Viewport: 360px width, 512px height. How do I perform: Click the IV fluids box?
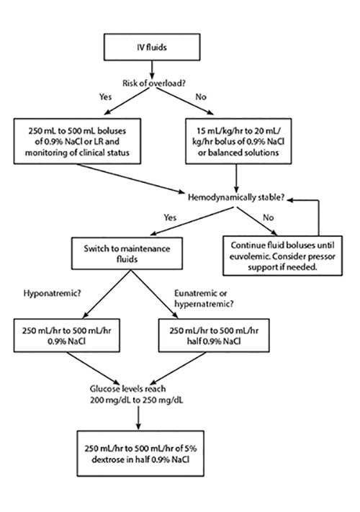(152, 47)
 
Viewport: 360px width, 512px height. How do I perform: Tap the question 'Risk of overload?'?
(154, 84)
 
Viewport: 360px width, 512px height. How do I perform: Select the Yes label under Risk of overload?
(105, 96)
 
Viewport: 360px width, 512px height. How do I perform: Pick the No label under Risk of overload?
(201, 96)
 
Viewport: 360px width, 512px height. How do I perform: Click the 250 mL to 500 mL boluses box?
(77, 141)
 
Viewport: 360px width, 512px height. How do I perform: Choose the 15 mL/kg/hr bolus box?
(238, 141)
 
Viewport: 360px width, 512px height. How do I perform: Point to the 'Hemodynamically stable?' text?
(236, 197)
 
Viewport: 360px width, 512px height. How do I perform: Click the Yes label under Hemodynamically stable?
(170, 217)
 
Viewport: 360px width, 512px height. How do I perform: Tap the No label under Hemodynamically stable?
(268, 217)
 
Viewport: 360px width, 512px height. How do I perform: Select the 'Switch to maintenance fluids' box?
(127, 253)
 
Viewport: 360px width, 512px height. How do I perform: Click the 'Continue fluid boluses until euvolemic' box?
(282, 256)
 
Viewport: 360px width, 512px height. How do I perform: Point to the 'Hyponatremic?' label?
(52, 293)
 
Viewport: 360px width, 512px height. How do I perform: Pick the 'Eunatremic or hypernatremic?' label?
(204, 298)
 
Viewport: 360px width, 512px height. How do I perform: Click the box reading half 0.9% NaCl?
(214, 336)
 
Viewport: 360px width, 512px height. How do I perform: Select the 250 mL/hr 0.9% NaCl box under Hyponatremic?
(66, 336)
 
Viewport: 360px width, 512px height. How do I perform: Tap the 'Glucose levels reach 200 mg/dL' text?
(136, 394)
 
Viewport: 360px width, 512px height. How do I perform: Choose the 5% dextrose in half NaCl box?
(140, 453)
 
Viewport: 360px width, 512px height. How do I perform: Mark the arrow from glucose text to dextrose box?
(138, 418)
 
